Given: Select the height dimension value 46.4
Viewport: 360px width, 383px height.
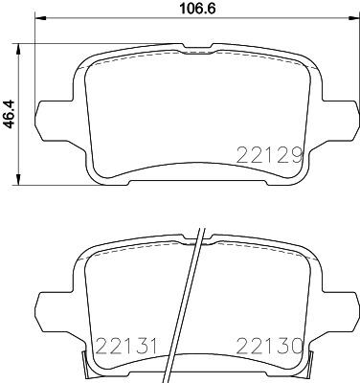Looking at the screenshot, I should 11,113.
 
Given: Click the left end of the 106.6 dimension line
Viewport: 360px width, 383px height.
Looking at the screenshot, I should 35,27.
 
